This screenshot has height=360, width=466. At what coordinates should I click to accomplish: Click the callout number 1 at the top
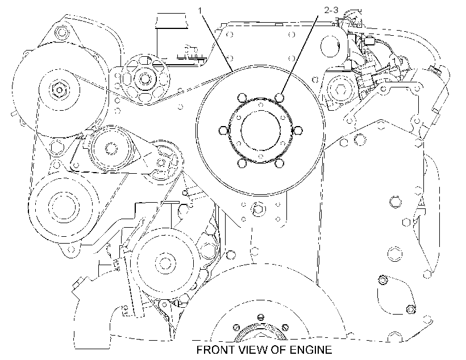[200, 11]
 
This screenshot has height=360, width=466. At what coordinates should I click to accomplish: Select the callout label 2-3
[331, 10]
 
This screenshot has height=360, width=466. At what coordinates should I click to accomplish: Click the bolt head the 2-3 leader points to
[280, 98]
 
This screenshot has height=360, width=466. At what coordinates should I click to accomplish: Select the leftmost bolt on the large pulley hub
[223, 131]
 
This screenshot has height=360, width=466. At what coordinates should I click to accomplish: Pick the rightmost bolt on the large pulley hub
[298, 131]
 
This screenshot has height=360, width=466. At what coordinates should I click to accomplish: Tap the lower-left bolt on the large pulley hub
[242, 163]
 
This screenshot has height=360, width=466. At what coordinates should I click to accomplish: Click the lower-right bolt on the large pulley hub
[280, 163]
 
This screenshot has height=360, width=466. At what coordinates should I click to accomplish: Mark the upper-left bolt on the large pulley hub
[242, 98]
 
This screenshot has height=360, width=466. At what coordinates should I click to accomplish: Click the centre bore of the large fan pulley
[261, 131]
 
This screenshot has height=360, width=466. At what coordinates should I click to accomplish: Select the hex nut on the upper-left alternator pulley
[58, 89]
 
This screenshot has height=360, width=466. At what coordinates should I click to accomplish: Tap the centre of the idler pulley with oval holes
[145, 79]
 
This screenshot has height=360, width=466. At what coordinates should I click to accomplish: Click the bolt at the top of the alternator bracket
[61, 31]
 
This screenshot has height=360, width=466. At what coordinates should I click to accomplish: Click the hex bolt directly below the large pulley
[257, 209]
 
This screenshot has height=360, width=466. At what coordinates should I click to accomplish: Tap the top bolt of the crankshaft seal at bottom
[260, 316]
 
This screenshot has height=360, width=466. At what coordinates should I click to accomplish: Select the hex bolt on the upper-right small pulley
[340, 89]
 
